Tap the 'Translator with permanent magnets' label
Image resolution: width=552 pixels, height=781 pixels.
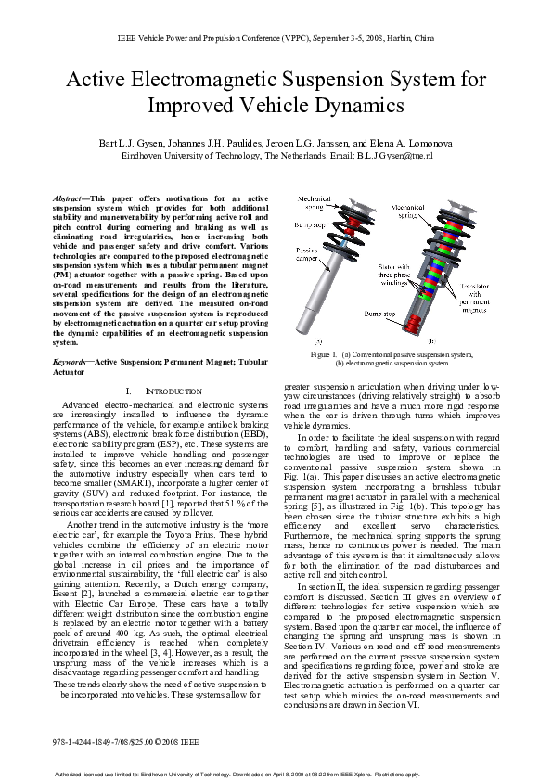(473, 299)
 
